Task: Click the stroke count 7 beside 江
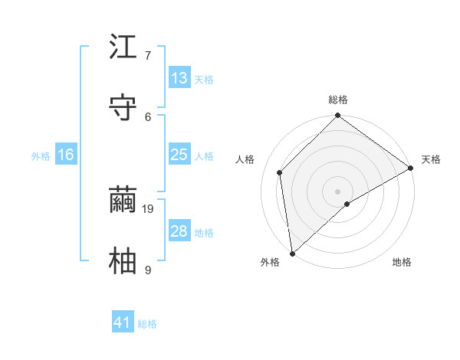148,55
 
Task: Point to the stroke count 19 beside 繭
149,208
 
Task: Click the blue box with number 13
179,78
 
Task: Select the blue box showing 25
179,155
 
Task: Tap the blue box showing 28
179,231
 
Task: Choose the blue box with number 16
66,155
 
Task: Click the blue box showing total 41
123,322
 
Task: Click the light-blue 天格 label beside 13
204,80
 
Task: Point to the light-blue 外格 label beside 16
41,156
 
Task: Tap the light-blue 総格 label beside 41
147,324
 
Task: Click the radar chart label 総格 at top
338,100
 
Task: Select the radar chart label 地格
402,263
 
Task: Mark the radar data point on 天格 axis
411,169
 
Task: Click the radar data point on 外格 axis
292,254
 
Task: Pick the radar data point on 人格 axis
280,172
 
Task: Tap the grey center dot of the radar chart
338,191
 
